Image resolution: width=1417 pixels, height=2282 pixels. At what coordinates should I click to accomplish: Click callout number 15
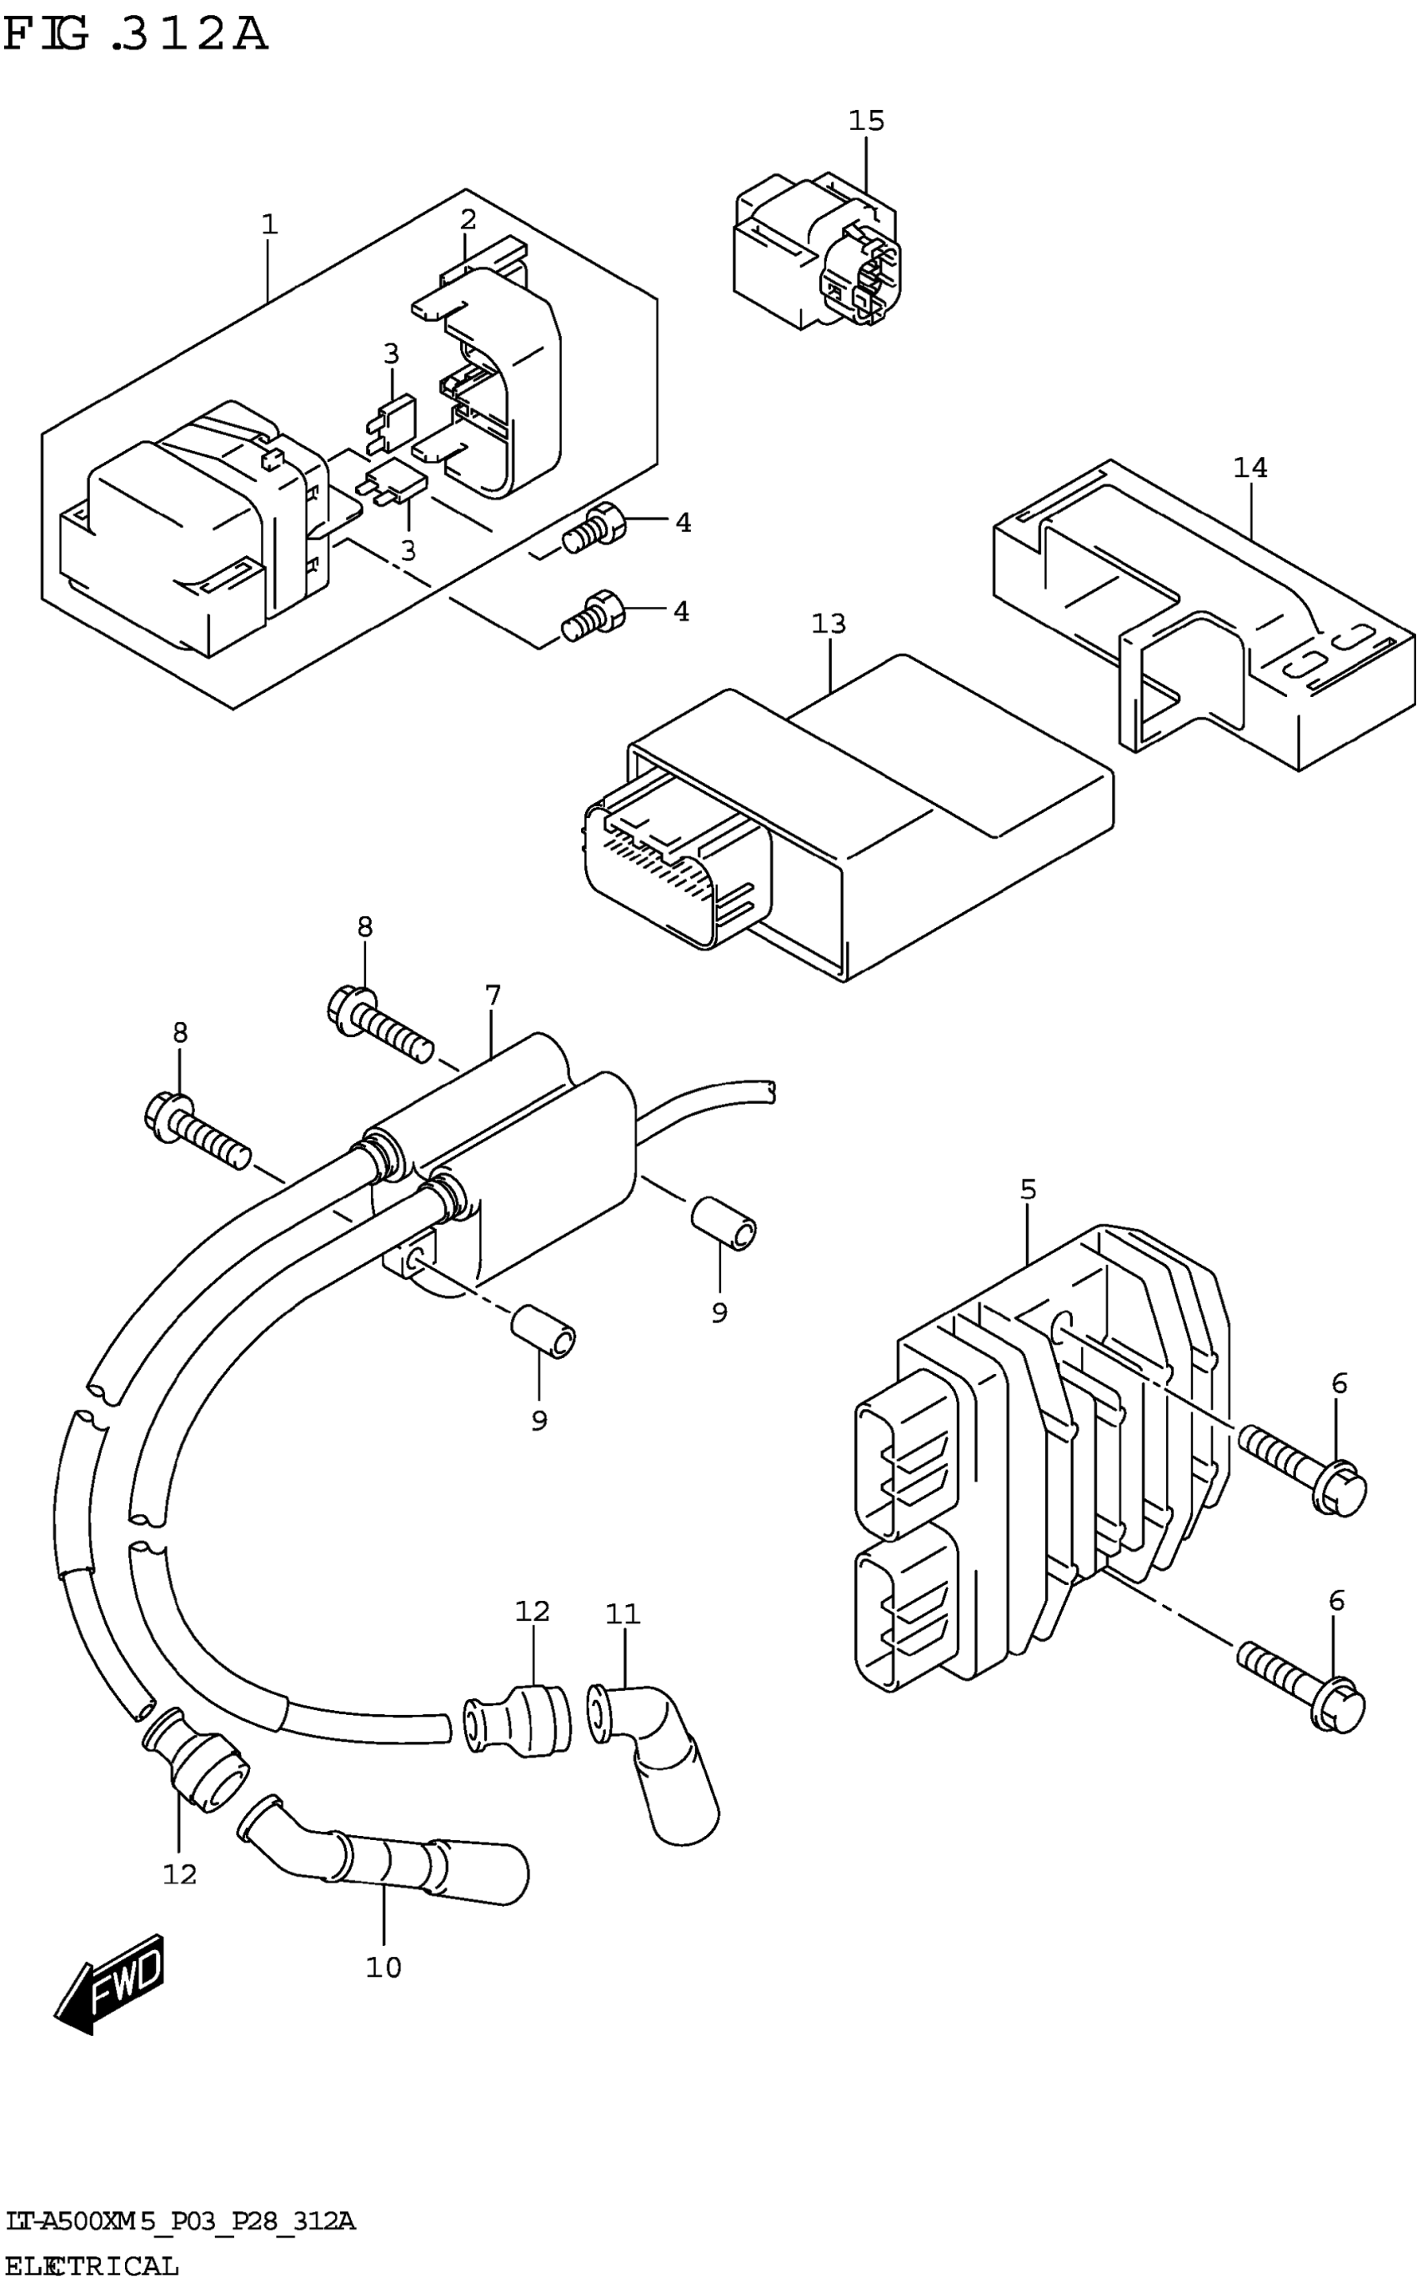point(866,121)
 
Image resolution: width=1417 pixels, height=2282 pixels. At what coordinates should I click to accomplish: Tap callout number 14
point(1249,468)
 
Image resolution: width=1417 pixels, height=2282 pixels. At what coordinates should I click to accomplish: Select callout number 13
point(829,623)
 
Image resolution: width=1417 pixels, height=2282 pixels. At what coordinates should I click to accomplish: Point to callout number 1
point(270,225)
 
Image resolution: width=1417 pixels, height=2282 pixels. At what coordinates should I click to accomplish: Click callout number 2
point(468,220)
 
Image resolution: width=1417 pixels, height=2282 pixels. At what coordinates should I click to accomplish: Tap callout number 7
point(493,995)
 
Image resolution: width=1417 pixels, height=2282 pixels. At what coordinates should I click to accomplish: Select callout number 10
point(383,1967)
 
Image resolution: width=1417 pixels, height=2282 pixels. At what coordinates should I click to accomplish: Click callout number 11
point(623,1614)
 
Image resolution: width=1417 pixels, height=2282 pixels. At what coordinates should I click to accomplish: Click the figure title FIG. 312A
point(136,36)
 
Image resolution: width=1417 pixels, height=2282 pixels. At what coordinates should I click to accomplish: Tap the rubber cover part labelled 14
point(1209,619)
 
